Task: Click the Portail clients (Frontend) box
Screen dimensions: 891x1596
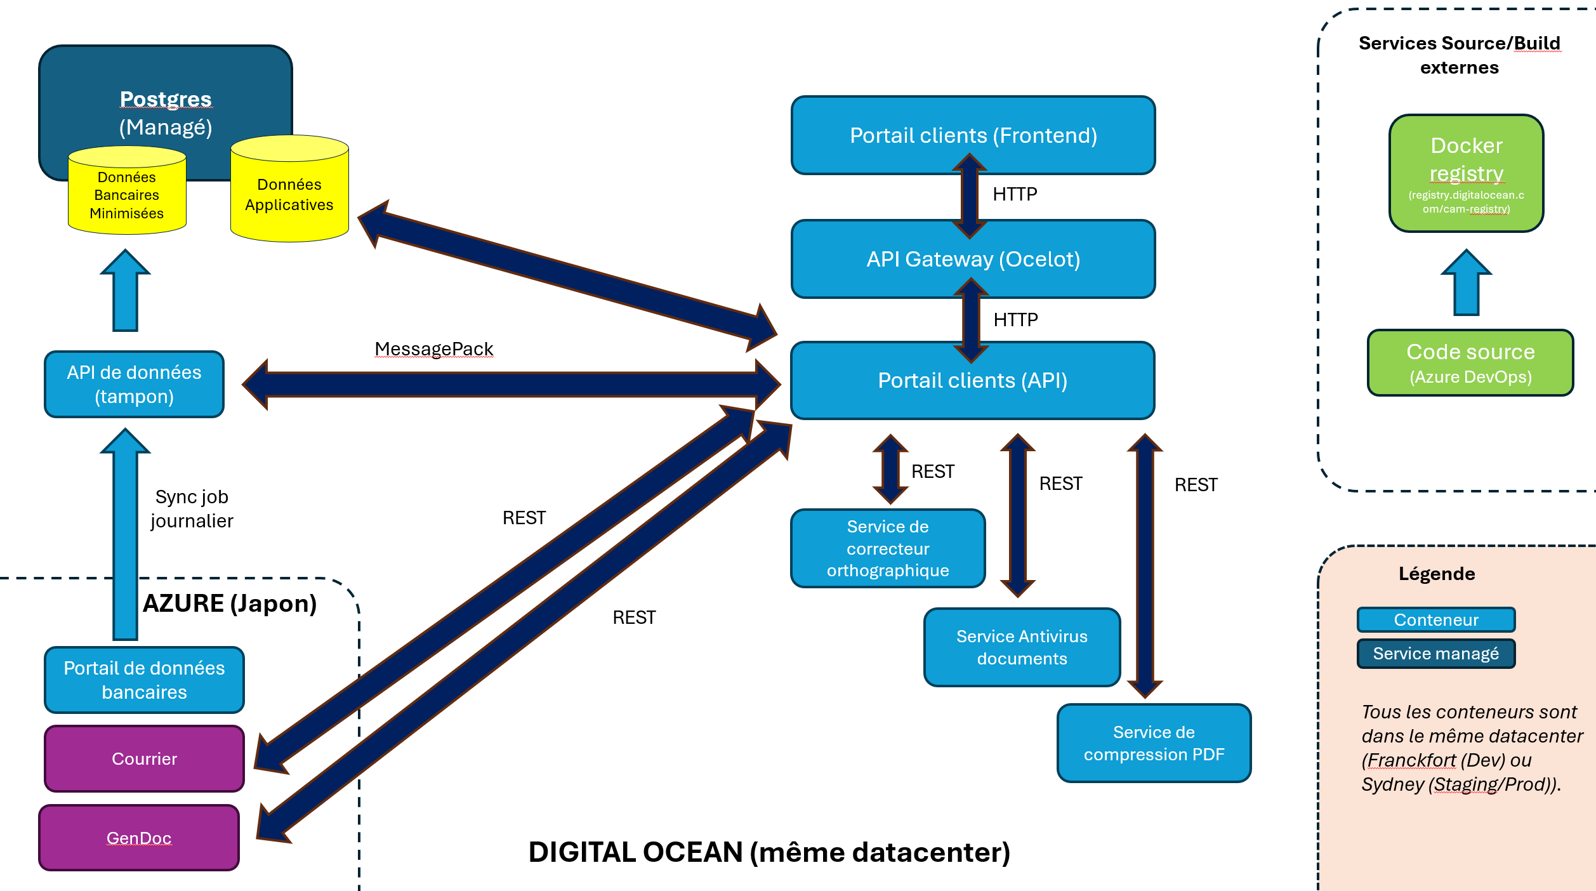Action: (x=973, y=135)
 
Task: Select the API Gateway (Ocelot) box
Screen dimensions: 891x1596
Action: (x=973, y=259)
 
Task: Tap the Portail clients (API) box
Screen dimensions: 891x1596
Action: (x=972, y=380)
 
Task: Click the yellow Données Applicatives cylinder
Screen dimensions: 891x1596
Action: (x=289, y=194)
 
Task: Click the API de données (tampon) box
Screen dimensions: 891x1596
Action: (x=134, y=384)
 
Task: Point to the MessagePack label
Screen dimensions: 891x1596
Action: (x=433, y=349)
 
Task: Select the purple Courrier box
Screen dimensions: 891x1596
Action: (x=144, y=758)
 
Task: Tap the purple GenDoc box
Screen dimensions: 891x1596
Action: (x=139, y=838)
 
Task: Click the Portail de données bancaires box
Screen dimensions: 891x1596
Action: (x=144, y=680)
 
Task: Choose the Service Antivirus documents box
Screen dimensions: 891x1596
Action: (x=1022, y=647)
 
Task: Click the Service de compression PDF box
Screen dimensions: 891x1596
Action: (x=1154, y=743)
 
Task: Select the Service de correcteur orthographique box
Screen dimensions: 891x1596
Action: (x=888, y=548)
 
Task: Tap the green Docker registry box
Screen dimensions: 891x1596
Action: (x=1466, y=173)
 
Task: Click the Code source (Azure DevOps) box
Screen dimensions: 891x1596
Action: (x=1470, y=363)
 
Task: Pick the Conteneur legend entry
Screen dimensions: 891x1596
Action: (x=1436, y=619)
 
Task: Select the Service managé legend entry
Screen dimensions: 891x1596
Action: (x=1436, y=654)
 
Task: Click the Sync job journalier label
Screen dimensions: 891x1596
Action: (x=192, y=508)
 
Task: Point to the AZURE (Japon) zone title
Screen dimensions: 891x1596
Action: (x=230, y=603)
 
